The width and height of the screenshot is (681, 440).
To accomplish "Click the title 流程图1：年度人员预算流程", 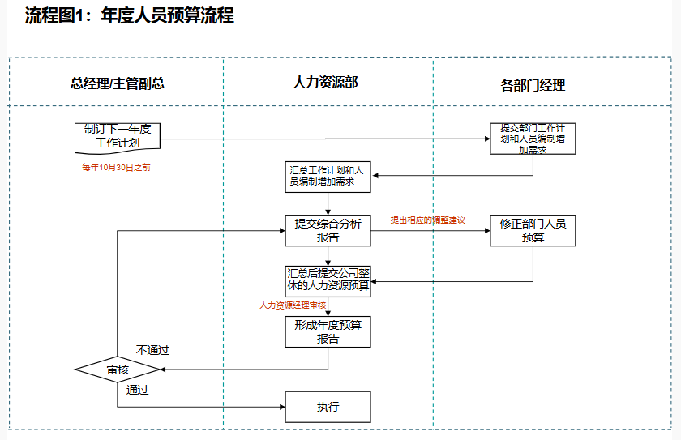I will coord(130,15).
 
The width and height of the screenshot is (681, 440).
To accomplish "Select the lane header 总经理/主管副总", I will coord(118,83).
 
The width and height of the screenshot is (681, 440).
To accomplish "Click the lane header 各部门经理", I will coord(533,84).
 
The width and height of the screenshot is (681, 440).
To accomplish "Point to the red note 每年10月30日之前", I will coord(116,168).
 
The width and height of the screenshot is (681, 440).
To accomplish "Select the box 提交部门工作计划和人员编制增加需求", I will coord(533,139).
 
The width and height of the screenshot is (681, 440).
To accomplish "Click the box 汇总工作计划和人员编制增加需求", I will coord(328,176).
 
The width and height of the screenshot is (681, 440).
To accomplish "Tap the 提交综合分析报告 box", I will coord(328,230).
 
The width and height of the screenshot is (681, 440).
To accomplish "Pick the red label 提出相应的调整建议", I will coord(428,220).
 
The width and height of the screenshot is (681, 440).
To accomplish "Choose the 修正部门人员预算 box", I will coord(533,230).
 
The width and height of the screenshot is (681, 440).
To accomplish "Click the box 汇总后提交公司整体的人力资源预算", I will coord(328,279).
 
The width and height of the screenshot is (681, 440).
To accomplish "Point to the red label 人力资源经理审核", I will coord(293,305).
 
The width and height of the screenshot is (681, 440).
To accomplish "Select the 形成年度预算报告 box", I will coord(328,332).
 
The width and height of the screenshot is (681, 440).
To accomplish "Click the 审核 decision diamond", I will coord(118,370).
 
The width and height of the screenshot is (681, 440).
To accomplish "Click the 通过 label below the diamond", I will coord(138,390).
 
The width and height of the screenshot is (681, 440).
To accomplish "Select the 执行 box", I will coord(328,407).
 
